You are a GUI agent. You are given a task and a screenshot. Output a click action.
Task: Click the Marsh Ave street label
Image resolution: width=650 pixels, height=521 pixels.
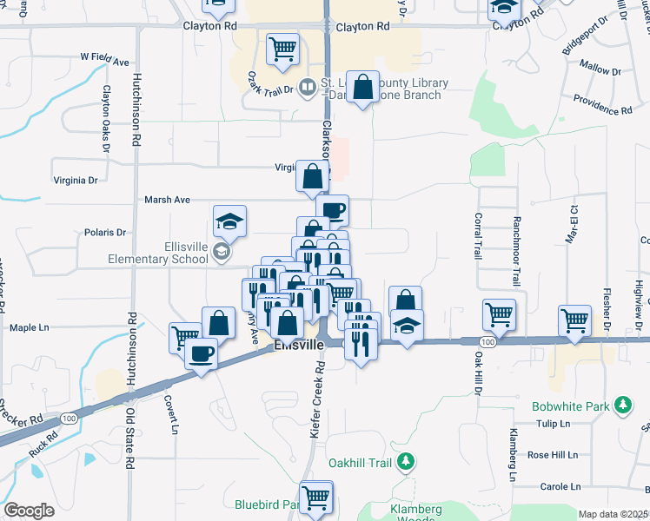(x=167, y=200)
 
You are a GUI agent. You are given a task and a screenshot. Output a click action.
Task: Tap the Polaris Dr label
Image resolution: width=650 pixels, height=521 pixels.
(x=106, y=233)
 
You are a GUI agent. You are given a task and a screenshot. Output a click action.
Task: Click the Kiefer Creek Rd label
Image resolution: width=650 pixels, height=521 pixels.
(x=317, y=400)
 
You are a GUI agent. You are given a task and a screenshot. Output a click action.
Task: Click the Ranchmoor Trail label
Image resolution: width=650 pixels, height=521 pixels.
(x=516, y=251)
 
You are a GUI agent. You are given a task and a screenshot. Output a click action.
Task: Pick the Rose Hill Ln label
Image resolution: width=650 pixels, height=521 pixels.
(x=552, y=455)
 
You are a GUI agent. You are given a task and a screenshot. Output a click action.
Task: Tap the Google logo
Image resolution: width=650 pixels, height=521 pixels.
(x=30, y=511)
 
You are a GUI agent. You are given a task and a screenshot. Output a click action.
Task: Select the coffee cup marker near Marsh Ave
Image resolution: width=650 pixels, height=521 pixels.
(x=332, y=209)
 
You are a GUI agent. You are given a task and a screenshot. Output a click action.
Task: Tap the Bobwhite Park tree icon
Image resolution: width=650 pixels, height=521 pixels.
(x=622, y=406)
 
